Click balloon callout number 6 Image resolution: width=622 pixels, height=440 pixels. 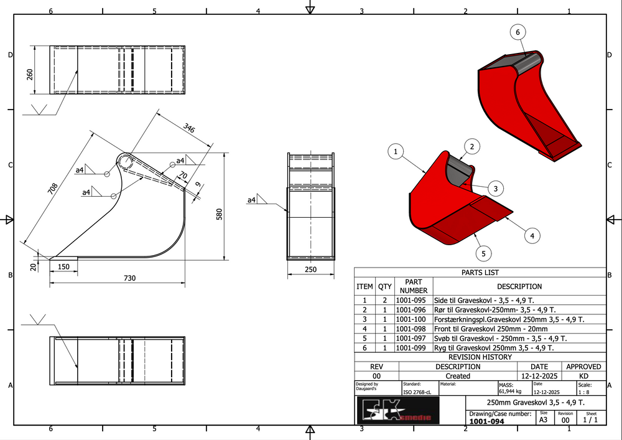(518, 32)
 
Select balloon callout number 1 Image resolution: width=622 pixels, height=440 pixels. (396, 151)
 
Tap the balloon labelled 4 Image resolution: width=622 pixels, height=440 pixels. (532, 235)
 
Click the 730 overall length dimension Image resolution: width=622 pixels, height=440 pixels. (129, 278)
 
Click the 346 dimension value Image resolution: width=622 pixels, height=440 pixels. (189, 129)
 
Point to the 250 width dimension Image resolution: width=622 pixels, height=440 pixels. (311, 269)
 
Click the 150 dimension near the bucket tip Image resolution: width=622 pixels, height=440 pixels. (63, 267)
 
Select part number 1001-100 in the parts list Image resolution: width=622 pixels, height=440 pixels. (414, 319)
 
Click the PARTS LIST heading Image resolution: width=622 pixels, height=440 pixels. (480, 273)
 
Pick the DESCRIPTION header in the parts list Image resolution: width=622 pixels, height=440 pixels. (519, 287)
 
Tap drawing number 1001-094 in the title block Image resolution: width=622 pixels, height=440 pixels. (486, 421)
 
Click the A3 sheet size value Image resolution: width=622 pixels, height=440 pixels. (543, 420)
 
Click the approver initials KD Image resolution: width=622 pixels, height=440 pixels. (583, 376)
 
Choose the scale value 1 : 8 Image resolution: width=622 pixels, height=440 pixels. (584, 392)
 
